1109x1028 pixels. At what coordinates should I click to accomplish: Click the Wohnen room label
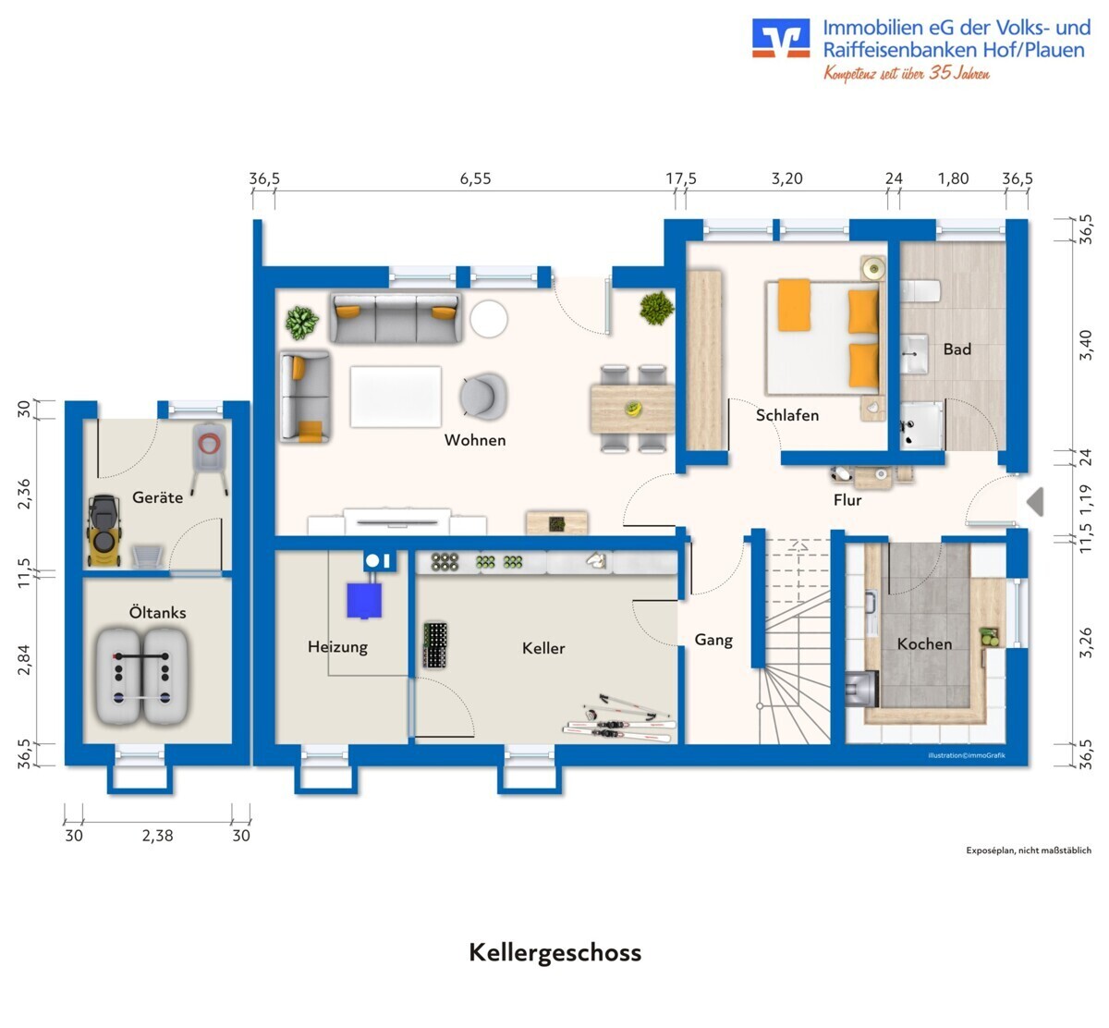click(475, 440)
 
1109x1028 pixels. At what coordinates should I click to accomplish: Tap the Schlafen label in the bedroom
click(787, 415)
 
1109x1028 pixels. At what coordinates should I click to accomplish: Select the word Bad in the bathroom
click(957, 349)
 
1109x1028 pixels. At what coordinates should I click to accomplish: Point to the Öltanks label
click(157, 612)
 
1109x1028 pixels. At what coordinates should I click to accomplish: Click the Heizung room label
click(337, 647)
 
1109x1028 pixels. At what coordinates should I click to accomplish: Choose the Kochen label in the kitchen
click(924, 643)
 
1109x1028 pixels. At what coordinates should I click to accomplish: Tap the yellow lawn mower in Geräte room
click(104, 531)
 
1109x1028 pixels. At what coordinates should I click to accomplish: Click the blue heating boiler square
click(364, 601)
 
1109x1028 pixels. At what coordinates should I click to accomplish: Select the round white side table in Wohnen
click(489, 319)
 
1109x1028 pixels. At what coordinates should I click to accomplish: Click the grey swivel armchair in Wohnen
click(483, 396)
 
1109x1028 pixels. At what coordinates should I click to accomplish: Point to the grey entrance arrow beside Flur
click(1035, 501)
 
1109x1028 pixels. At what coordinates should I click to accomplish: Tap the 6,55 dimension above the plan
click(475, 178)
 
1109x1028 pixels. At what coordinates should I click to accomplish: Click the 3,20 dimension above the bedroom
click(786, 178)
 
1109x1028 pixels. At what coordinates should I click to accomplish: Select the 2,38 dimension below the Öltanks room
click(157, 836)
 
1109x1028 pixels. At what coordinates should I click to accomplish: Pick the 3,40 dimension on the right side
click(1085, 345)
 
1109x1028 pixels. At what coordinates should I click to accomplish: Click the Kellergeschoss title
click(555, 952)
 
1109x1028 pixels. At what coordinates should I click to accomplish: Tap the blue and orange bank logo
click(781, 37)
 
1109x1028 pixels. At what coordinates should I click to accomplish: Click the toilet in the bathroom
click(920, 290)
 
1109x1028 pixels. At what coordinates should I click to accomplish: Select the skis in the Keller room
click(618, 721)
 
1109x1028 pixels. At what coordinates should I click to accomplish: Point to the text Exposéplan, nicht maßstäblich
click(1029, 851)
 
